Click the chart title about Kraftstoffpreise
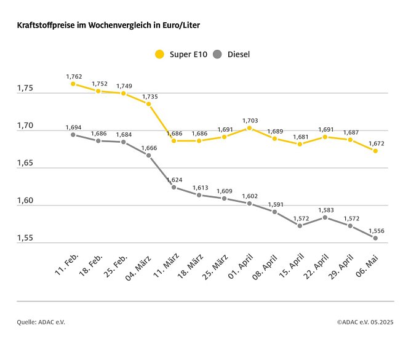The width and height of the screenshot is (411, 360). coord(108,26)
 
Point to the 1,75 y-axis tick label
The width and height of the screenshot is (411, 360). coord(26,89)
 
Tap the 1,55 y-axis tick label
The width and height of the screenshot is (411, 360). coord(26,239)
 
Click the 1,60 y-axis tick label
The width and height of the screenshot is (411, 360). coord(26,202)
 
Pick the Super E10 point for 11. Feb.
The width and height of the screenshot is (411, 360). coord(73,84)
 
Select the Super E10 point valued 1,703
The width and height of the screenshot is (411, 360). coord(249,128)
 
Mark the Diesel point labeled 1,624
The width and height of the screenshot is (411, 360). coord(174,187)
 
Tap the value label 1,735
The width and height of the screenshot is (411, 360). coord(150,97)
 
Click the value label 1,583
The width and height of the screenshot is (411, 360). coord(325,210)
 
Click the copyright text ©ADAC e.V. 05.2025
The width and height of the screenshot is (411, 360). coord(365,322)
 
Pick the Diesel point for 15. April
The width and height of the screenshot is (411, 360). coord(300,226)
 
